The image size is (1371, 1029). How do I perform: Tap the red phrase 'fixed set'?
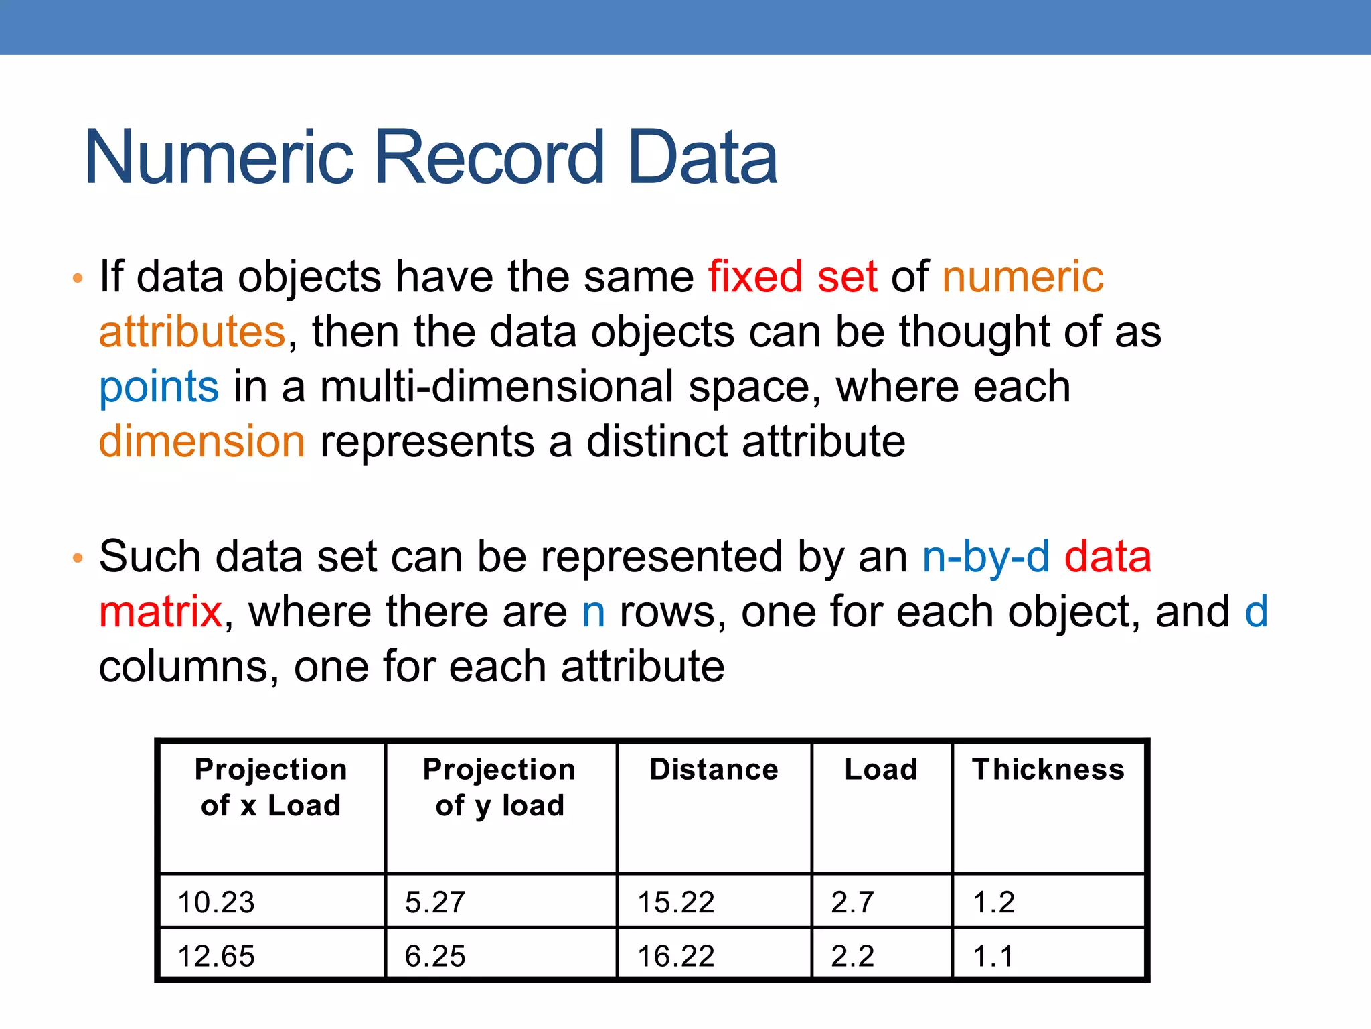click(x=793, y=277)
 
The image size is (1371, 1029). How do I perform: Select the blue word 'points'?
click(x=159, y=387)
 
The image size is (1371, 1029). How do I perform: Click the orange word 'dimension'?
click(x=202, y=442)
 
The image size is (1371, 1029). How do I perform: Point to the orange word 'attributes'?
click(x=193, y=332)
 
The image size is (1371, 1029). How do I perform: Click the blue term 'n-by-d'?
click(x=985, y=557)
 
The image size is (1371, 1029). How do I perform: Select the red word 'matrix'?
click(x=161, y=612)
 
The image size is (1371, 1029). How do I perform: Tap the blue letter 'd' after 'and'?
click(x=1256, y=612)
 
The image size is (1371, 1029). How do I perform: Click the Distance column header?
click(x=714, y=769)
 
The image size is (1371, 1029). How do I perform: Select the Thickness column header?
click(x=1048, y=769)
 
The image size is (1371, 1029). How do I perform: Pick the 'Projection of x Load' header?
click(x=271, y=787)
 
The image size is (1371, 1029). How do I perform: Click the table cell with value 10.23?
click(x=216, y=902)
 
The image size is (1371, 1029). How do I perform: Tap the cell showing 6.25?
click(x=435, y=956)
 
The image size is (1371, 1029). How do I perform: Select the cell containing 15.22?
click(x=676, y=902)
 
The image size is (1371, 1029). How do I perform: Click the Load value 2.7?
click(x=852, y=902)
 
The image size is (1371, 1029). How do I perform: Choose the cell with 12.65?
click(x=216, y=956)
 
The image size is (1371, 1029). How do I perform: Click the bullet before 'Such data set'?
click(x=78, y=557)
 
